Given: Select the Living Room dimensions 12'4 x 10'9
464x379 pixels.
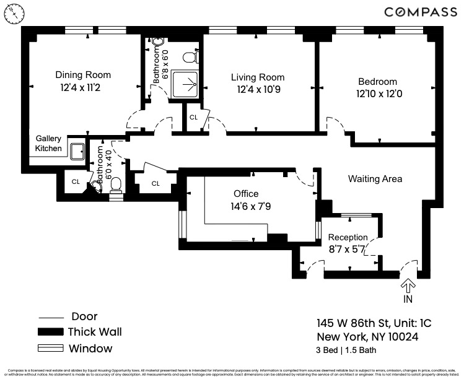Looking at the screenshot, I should coord(258,89).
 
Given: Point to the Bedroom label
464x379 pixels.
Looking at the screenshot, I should coord(377,82).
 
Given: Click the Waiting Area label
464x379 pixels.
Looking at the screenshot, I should coord(375,179).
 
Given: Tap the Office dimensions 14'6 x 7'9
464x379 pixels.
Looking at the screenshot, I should coord(246,206).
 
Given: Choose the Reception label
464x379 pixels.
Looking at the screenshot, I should coord(348,237).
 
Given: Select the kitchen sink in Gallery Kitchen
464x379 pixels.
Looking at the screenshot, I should coord(77,150).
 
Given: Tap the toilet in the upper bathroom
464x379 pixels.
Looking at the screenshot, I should coord(190,58).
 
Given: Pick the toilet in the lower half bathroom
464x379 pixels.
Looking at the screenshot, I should coord(116,194).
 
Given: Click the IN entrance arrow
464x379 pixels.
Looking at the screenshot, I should coord(408,285).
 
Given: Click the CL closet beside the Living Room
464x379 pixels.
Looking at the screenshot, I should coord(194,117).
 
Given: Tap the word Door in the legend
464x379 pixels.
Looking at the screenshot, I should coord(84,316).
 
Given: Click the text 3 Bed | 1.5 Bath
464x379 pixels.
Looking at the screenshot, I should coord(352,351).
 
